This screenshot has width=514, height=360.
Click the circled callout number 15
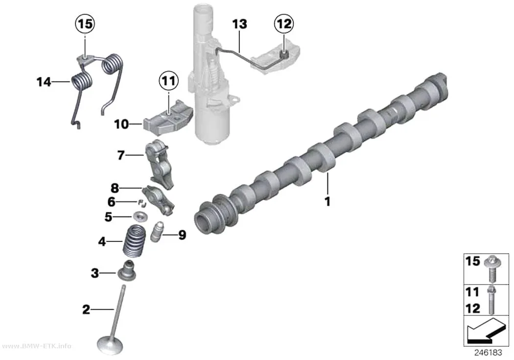click(x=85, y=24)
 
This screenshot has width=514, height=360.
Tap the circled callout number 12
click(x=284, y=24)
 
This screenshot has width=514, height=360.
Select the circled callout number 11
click(x=169, y=81)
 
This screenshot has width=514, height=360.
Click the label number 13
click(x=239, y=24)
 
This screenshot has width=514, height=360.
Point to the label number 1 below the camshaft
click(x=327, y=201)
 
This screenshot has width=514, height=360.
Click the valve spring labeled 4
click(x=135, y=241)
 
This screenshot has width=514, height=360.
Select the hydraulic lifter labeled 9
click(x=157, y=232)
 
